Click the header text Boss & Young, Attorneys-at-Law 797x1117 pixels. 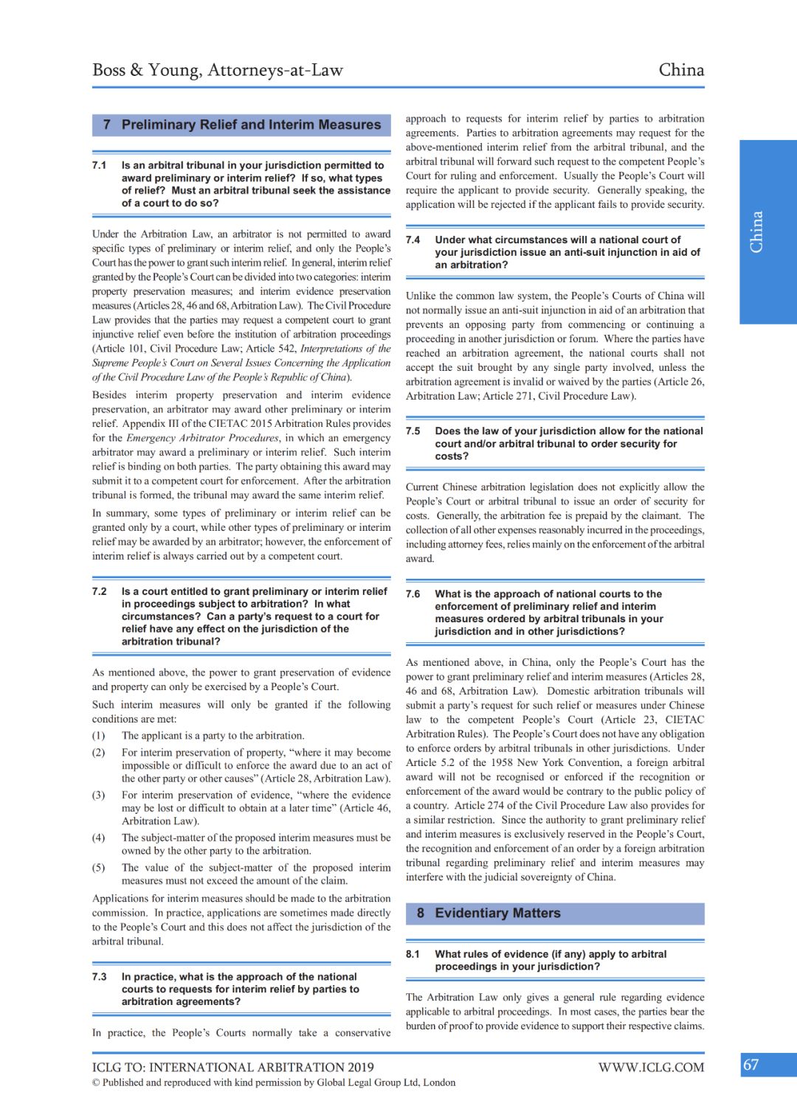click(x=218, y=70)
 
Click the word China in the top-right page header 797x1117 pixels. click(x=681, y=70)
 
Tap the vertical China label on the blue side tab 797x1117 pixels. click(x=756, y=232)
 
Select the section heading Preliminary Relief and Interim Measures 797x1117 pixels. click(x=251, y=125)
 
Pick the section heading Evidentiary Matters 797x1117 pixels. click(x=497, y=914)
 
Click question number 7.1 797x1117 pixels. click(x=100, y=165)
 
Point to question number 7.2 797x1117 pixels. click(x=100, y=591)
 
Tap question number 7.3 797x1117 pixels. click(x=100, y=976)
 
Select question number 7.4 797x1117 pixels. click(x=413, y=240)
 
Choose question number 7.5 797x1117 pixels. click(x=413, y=431)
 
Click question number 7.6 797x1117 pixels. click(x=413, y=594)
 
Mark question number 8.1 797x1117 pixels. click(x=413, y=954)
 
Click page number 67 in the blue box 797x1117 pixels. click(x=751, y=1065)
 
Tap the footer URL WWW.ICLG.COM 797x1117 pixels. click(x=651, y=1067)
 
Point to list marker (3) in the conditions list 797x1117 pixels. click(x=99, y=795)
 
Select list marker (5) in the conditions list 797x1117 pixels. click(x=99, y=867)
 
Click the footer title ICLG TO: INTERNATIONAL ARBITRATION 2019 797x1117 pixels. click(x=233, y=1067)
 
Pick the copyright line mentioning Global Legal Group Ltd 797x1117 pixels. click(x=274, y=1082)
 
